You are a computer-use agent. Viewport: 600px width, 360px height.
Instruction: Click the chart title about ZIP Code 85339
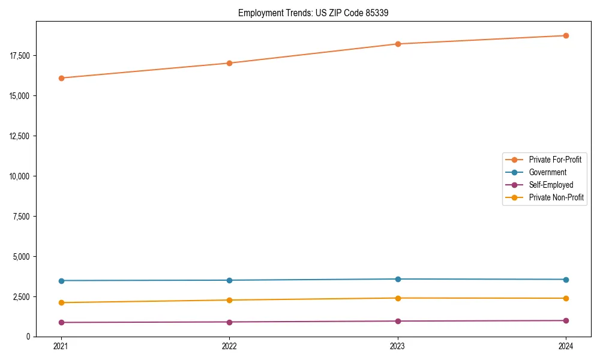click(x=313, y=13)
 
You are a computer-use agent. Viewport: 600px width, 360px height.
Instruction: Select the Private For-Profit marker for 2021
click(x=61, y=78)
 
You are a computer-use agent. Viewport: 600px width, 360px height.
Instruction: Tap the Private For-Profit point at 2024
click(x=566, y=35)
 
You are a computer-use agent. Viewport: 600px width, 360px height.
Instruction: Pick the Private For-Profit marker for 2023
click(x=398, y=44)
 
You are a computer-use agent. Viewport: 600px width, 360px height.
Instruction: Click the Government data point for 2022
click(x=229, y=280)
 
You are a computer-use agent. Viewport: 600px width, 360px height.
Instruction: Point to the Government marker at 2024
click(x=566, y=280)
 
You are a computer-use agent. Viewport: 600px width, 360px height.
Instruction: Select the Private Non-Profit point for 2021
click(x=61, y=302)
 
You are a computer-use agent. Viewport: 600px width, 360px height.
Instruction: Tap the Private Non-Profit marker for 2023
click(x=398, y=298)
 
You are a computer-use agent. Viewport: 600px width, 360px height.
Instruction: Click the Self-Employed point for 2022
click(x=229, y=322)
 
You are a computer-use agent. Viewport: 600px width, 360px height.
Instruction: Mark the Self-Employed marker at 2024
click(x=566, y=320)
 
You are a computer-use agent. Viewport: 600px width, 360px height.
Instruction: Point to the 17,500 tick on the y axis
click(x=20, y=56)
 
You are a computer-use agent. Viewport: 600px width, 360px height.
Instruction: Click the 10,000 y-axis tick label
click(x=20, y=176)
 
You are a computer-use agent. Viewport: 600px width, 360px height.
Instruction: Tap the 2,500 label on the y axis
click(x=22, y=297)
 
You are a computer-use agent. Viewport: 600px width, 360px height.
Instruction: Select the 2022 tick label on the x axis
click(x=229, y=346)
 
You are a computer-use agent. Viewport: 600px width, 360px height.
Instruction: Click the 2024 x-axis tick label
click(x=566, y=346)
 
